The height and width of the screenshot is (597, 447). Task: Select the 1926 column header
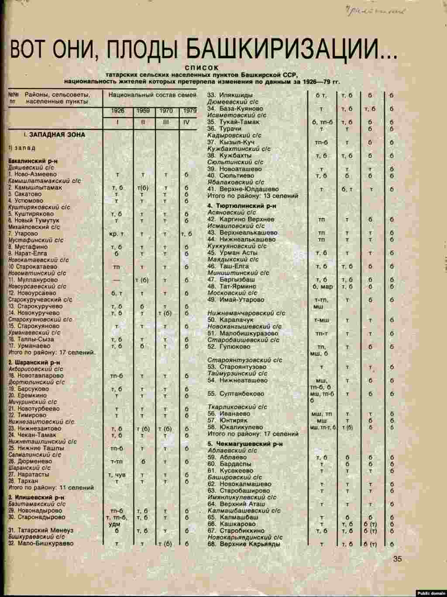click(117, 111)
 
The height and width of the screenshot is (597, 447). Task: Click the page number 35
click(397, 558)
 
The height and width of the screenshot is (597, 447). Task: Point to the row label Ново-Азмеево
click(35, 174)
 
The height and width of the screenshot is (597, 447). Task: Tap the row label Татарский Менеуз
click(46, 530)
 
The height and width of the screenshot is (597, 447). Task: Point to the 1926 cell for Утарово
click(116, 234)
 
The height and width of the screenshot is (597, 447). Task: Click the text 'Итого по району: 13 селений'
click(247, 196)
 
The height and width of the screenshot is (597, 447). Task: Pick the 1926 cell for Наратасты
click(117, 475)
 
